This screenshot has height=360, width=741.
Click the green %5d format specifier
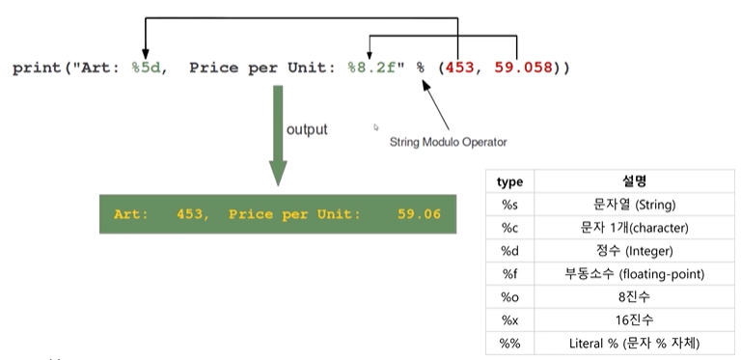point(146,68)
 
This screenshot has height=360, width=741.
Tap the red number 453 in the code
point(459,68)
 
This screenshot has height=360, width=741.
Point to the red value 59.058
point(523,68)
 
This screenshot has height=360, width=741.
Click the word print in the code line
point(37,69)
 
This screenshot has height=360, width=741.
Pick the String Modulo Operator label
point(448,142)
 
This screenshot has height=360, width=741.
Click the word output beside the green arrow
point(307,129)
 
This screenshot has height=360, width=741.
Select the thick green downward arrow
point(278,135)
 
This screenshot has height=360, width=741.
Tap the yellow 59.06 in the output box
point(419,214)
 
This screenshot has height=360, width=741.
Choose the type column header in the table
point(509,181)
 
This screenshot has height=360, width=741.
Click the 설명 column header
point(634,180)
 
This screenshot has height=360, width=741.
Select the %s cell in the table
point(509,205)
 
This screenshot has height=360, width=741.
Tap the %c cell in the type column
point(509,228)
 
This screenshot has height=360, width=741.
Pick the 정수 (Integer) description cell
point(634,251)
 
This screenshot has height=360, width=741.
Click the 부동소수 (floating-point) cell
point(634,274)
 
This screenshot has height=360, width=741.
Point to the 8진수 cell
point(634,297)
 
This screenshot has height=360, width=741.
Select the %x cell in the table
point(509,320)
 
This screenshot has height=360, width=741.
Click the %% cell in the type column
point(509,344)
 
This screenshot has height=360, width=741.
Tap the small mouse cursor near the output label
point(376,127)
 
